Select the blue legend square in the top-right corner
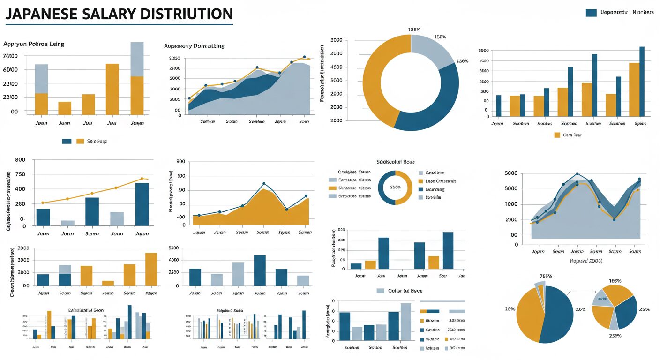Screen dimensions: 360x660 591,13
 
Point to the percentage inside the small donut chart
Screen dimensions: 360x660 395,187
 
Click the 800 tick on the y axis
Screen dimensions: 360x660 20,160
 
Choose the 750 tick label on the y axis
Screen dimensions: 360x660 20,174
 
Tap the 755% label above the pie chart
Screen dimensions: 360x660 546,276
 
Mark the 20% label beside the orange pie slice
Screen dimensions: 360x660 510,309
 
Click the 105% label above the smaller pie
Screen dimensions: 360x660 615,281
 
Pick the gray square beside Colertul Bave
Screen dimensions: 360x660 381,291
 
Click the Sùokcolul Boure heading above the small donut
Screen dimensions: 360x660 395,162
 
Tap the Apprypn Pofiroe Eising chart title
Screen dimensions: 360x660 34,44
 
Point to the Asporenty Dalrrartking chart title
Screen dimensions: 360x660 194,46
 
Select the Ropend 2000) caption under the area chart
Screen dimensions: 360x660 586,261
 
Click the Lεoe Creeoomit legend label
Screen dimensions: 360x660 440,181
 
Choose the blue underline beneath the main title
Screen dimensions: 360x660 119,24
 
